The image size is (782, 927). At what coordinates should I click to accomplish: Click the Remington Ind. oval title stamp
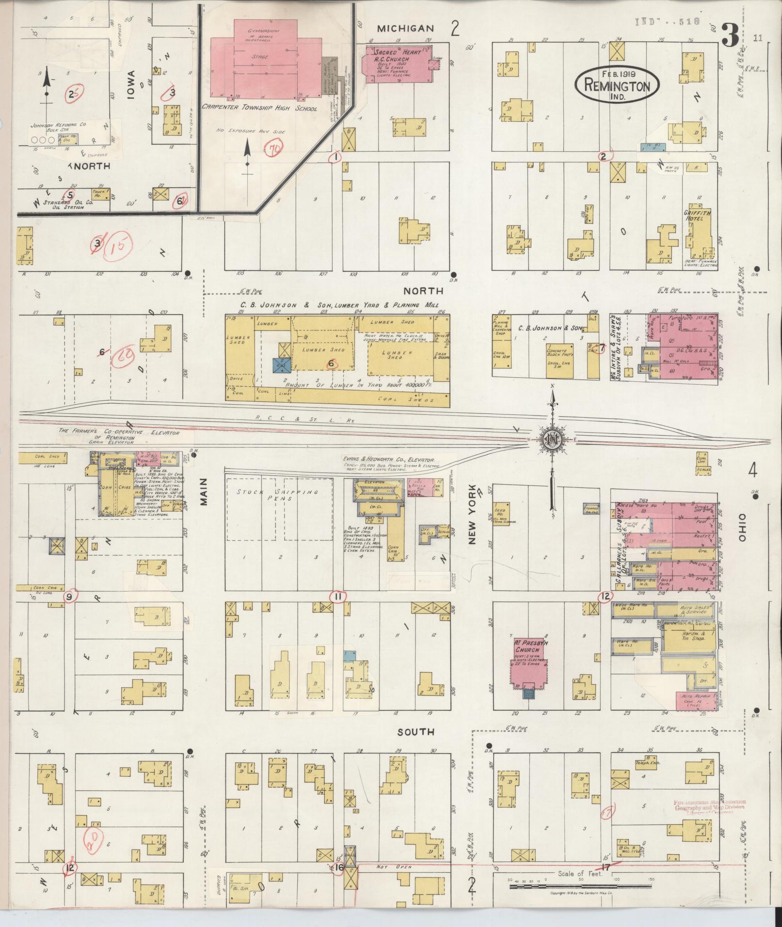pos(617,85)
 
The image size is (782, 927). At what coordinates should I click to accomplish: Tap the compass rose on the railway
pos(551,439)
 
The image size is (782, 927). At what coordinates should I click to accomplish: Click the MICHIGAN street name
pos(405,29)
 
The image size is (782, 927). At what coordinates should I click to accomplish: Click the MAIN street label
pos(203,491)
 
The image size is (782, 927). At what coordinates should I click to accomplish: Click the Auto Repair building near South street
pos(696,700)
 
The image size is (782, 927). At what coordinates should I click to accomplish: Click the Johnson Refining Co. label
pos(58,126)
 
